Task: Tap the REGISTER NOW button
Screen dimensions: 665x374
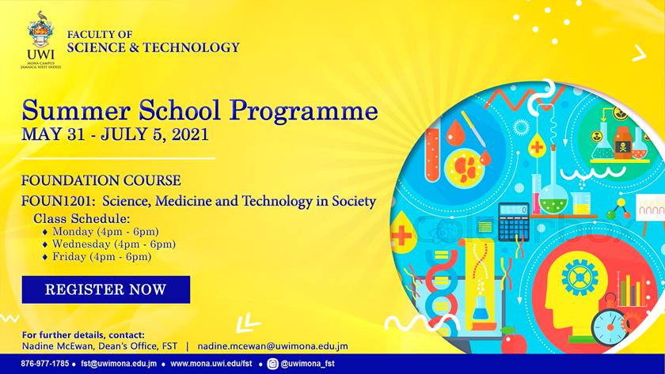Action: click(105, 289)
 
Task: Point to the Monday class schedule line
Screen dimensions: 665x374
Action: click(101, 232)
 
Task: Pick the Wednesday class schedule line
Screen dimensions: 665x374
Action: click(109, 244)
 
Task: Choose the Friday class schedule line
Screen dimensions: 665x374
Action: click(97, 257)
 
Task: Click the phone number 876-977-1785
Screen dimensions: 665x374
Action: click(44, 364)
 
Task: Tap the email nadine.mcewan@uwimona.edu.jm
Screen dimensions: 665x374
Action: click(272, 346)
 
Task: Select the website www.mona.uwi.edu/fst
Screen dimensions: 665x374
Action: click(211, 364)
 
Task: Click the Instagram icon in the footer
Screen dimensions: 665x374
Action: click(272, 364)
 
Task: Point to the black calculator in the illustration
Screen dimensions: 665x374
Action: click(514, 222)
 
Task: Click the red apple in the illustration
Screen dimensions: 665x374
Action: click(514, 342)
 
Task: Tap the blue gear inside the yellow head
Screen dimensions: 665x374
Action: click(579, 277)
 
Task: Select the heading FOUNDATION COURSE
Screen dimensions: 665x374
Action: click(101, 181)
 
